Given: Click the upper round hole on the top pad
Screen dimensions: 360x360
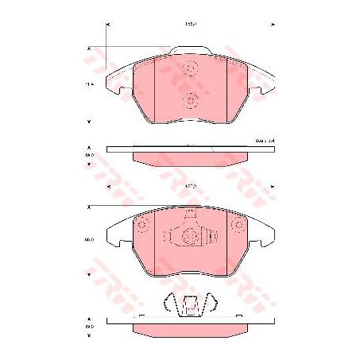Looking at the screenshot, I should point(190,68).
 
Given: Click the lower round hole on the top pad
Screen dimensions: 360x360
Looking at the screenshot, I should point(190,99).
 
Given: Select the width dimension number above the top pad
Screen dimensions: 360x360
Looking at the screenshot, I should point(190,25).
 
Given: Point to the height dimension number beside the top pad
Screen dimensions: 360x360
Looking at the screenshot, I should point(91,83).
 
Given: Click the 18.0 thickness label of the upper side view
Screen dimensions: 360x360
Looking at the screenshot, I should point(91,156).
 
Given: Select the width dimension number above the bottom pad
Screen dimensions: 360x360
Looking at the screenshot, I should point(190,186).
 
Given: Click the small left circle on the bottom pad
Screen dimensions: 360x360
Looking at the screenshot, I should point(144,226).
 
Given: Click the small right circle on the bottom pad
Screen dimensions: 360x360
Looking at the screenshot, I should point(236,226).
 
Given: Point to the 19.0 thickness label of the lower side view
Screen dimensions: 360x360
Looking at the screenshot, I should point(91,327).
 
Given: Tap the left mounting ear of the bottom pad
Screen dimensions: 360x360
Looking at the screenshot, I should point(117,233).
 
